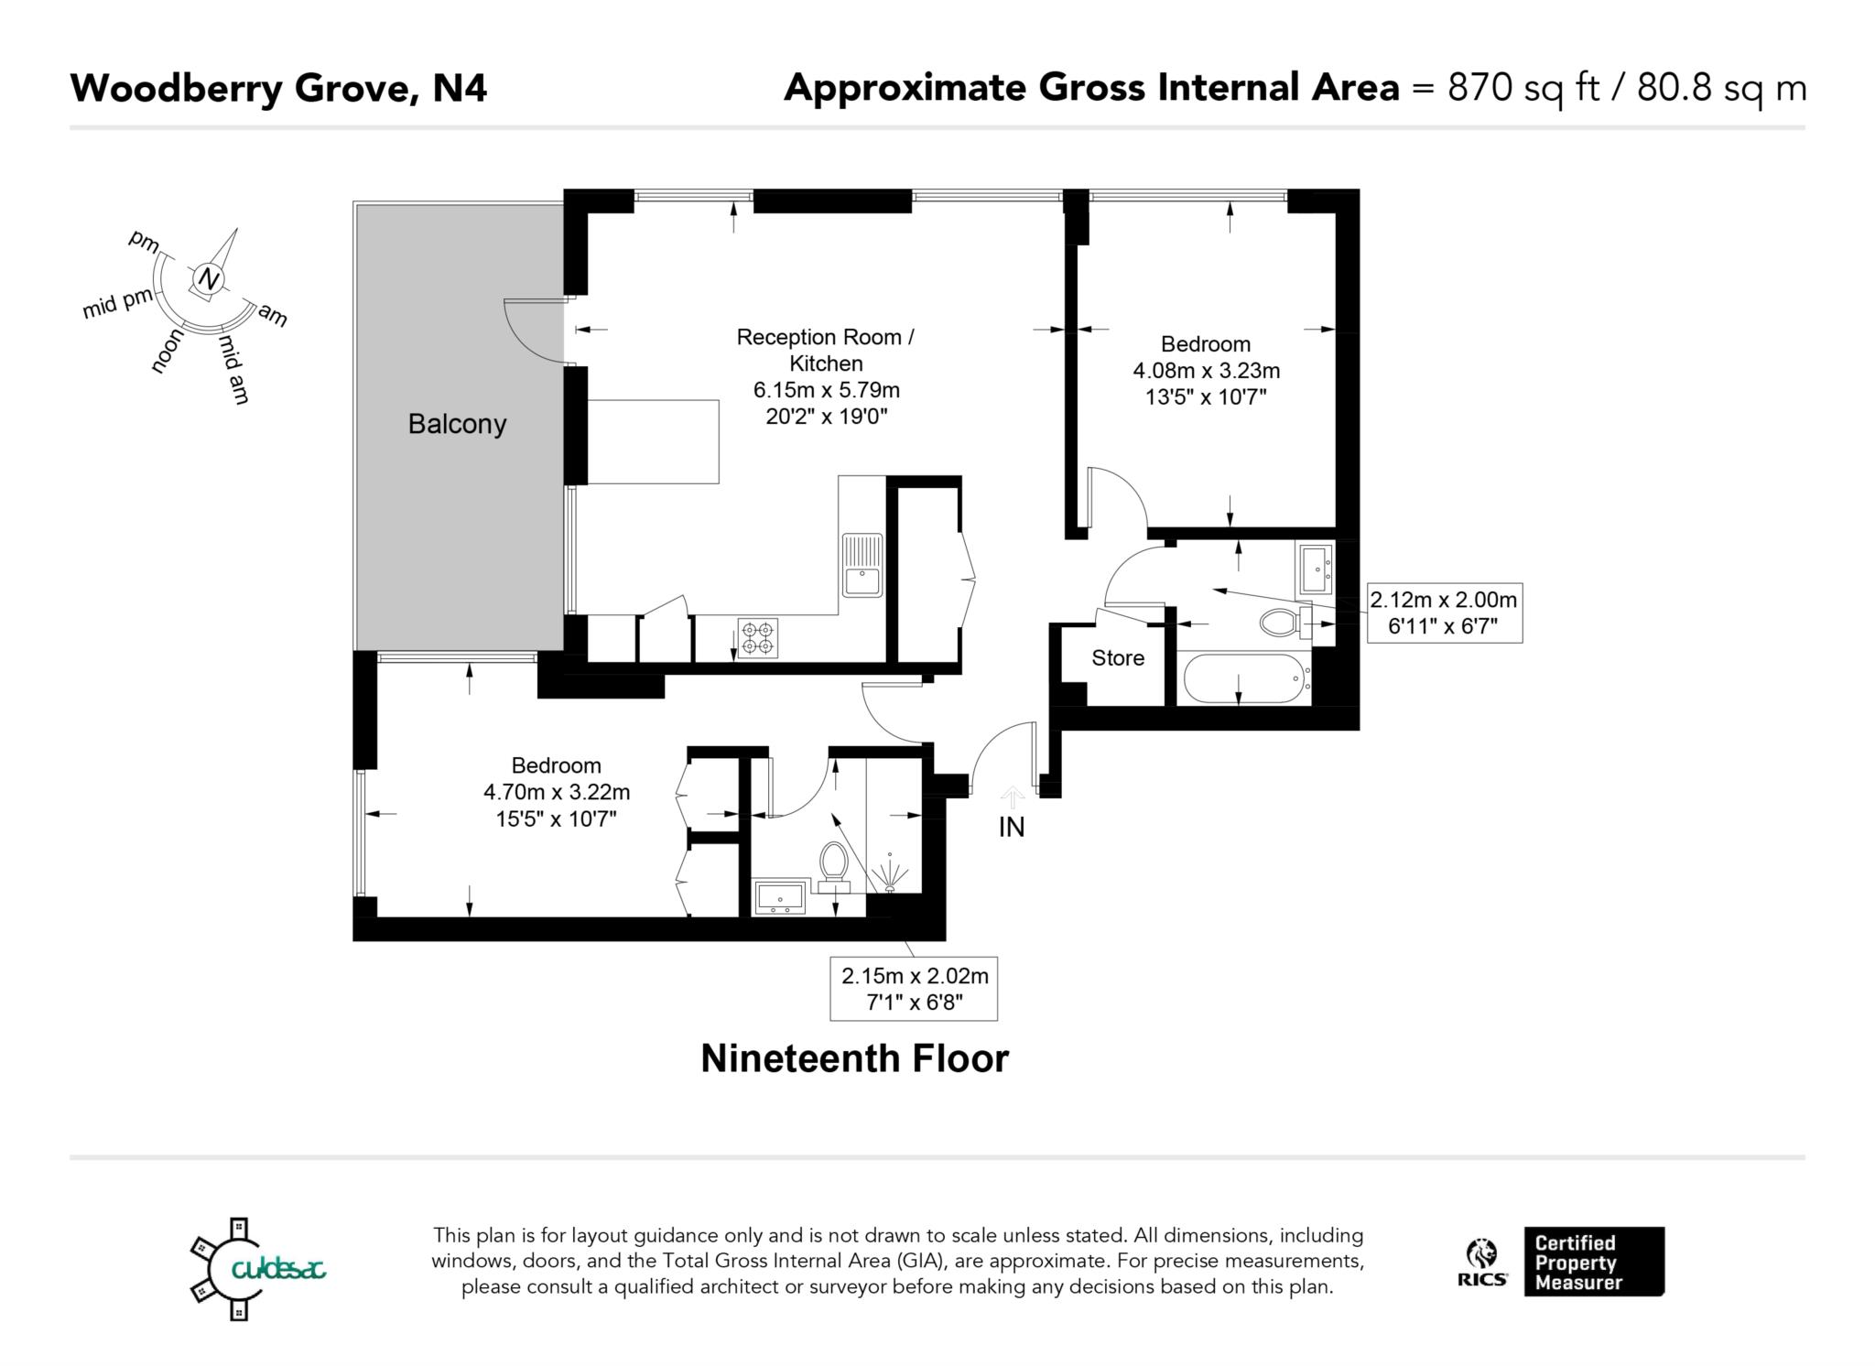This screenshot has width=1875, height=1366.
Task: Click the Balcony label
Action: point(457,424)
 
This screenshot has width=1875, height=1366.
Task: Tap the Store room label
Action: point(1118,657)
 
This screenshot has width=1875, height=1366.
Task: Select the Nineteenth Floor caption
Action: point(854,1058)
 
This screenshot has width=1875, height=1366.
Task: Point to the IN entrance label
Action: point(1011,827)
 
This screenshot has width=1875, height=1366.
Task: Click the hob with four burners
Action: point(758,638)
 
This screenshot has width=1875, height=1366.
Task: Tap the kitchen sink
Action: point(862,565)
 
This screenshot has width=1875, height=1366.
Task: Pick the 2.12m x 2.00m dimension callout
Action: point(1444,613)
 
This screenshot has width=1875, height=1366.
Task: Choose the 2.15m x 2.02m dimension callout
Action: point(914,989)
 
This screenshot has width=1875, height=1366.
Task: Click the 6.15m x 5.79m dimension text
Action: point(827,390)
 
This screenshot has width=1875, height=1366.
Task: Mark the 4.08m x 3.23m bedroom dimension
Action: point(1206,371)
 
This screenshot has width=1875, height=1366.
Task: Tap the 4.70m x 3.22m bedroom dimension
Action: point(557,792)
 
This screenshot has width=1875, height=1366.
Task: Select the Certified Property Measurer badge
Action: point(1594,1262)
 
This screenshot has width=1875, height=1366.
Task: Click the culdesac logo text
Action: point(278,1269)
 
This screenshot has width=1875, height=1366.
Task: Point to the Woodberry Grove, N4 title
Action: point(278,89)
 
